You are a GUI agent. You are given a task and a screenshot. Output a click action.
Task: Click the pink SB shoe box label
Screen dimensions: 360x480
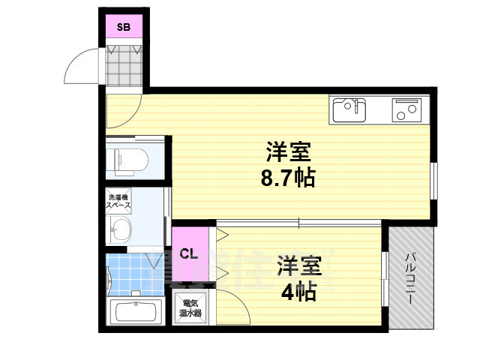click(123, 28)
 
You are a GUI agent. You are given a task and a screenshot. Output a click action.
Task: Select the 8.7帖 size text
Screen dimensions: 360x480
click(288, 178)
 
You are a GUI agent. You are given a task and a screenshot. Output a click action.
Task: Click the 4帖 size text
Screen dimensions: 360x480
click(300, 290)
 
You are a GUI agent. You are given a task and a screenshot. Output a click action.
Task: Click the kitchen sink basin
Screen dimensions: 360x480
click(349, 109)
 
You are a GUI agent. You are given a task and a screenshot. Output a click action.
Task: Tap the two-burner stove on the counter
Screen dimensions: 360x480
click(407, 109)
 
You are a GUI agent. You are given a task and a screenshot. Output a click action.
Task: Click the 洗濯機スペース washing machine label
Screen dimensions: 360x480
click(118, 200)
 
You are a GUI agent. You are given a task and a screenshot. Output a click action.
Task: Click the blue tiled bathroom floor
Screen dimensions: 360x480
click(135, 274)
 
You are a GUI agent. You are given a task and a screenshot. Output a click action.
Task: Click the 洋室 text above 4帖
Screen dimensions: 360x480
click(300, 265)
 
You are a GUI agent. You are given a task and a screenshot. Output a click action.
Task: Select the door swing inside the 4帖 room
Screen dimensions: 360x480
click(232, 306)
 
